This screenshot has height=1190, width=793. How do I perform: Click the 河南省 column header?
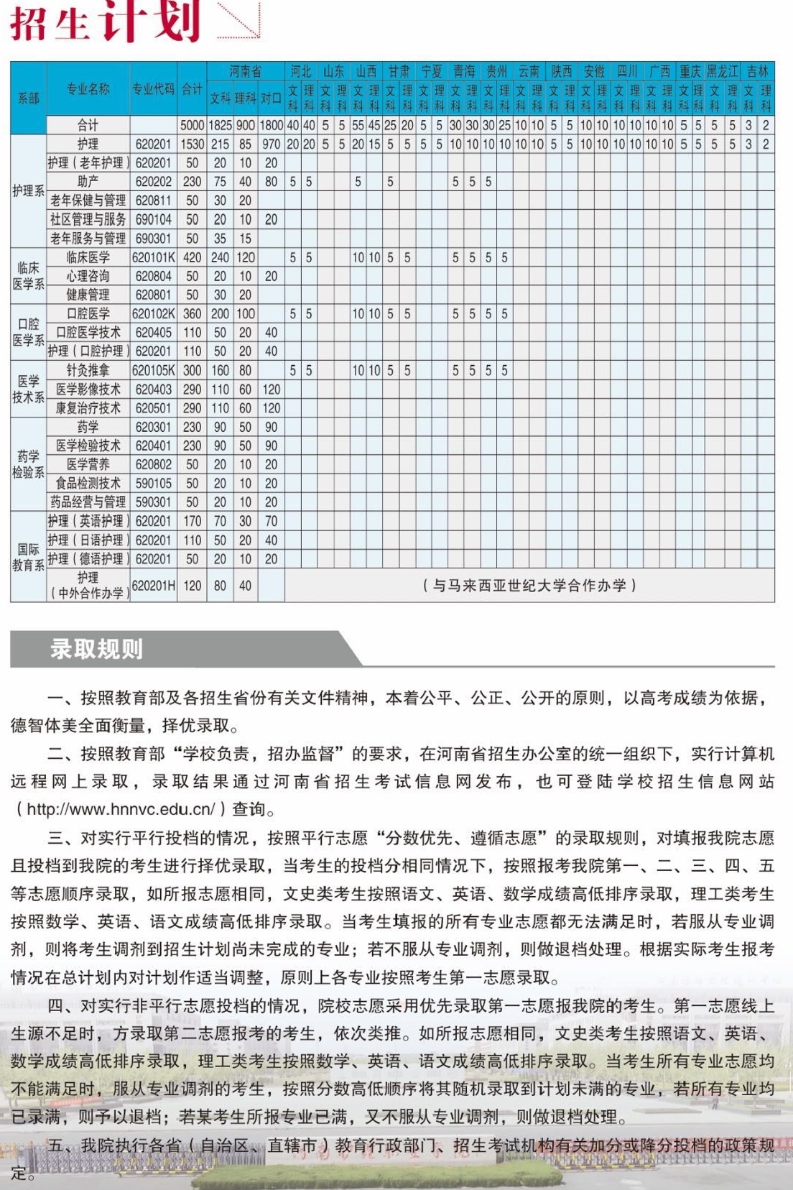(x=246, y=71)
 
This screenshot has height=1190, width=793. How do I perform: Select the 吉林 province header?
(x=757, y=71)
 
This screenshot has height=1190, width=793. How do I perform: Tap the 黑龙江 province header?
(x=722, y=71)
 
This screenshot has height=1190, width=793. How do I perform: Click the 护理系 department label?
(x=28, y=190)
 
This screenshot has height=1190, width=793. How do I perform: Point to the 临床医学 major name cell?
(x=88, y=257)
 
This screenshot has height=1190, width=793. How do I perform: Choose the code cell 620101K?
(x=153, y=257)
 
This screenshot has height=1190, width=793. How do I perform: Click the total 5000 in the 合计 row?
(x=192, y=125)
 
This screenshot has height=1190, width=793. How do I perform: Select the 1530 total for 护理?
(x=192, y=144)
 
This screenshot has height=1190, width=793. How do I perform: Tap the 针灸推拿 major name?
(x=88, y=370)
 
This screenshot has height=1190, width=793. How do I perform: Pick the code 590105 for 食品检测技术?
(x=153, y=483)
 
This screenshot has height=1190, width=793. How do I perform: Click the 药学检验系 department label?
(x=28, y=464)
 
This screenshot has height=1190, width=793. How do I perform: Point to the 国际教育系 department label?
(x=28, y=557)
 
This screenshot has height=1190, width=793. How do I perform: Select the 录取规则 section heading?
(x=96, y=649)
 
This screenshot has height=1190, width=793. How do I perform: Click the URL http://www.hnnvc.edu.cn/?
(x=121, y=809)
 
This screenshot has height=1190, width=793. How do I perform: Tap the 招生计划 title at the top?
(x=104, y=22)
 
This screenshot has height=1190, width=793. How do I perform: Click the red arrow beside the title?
(x=239, y=19)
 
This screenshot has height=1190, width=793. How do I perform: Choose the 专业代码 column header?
(x=153, y=88)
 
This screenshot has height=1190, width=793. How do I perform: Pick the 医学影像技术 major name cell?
(x=88, y=389)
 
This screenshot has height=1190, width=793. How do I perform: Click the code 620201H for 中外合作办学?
(x=153, y=586)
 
